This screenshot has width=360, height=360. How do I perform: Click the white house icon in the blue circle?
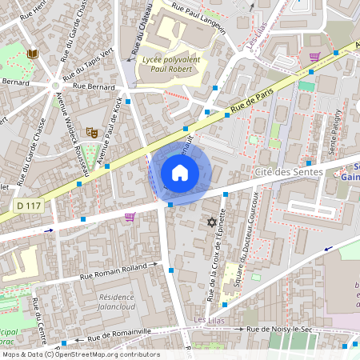pos(180,172)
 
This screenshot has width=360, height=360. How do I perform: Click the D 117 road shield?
pos(29,206)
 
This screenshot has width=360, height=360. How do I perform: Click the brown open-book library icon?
pos(32,54)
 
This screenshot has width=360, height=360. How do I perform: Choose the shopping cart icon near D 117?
pos(130,216)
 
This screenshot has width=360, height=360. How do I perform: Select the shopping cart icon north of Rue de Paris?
pos(314,57)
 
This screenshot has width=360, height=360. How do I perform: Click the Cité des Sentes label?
pos(289,172)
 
